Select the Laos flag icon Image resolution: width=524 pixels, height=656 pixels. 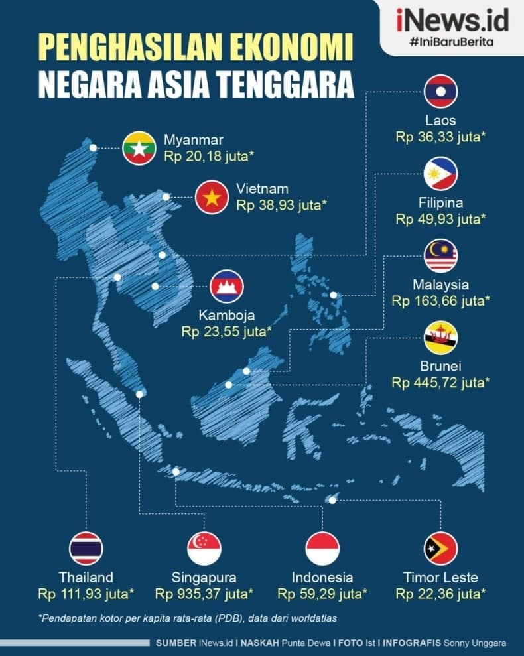coord(440,92)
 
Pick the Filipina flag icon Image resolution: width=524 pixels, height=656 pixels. coord(440,174)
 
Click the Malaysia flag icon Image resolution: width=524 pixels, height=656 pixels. coord(440,256)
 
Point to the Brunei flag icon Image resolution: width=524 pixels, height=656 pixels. coord(440,338)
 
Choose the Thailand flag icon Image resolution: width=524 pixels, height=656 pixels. coord(86,549)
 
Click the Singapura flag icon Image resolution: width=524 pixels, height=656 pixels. coord(204,549)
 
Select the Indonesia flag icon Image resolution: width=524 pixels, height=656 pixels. coord(322,549)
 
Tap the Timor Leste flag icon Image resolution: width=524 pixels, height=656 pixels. coord(440,549)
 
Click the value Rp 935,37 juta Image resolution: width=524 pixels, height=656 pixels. coord(204,593)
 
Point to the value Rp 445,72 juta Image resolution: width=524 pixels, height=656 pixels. coord(440,383)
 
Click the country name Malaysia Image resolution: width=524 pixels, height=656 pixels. coord(440,285)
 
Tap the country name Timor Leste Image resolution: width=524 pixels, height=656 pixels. coord(440,577)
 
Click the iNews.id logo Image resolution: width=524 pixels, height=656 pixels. coord(452,21)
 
